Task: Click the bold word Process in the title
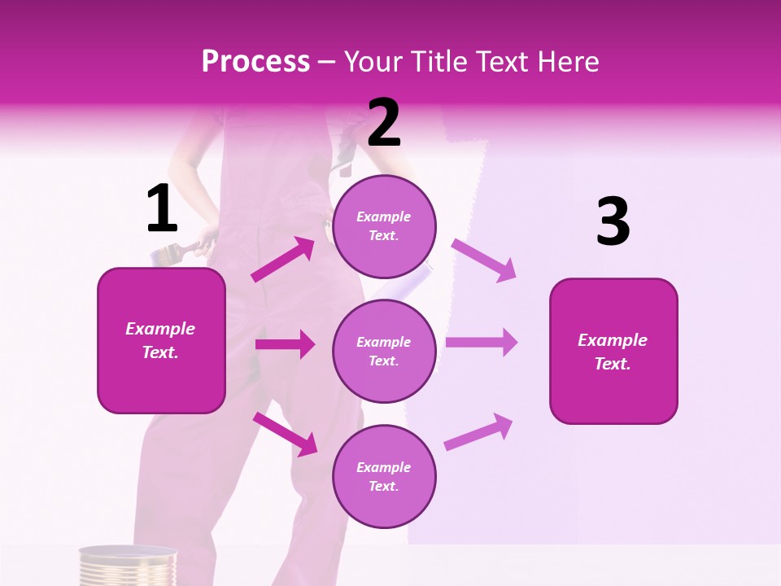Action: coord(255,62)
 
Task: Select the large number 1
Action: coord(162,209)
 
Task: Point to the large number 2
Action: coord(384,123)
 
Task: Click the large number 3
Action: coord(613,222)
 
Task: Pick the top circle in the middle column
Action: coord(384,226)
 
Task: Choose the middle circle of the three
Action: coord(384,351)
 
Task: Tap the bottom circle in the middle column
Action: coord(384,476)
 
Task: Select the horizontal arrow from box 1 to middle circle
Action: coord(285,344)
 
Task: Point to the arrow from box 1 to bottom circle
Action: coord(285,434)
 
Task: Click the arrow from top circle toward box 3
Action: coord(483,260)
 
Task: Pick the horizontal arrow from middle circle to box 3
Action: coord(481,342)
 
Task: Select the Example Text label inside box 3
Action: coord(613,352)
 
